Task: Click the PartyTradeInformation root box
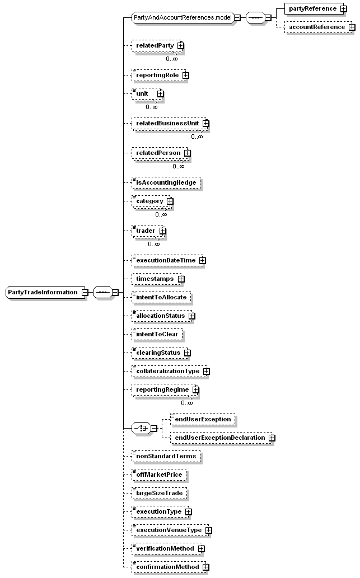(x=43, y=292)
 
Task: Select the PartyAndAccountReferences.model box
(x=182, y=17)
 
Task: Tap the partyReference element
(x=312, y=8)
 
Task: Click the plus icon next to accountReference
(x=352, y=27)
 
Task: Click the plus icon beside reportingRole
(x=185, y=75)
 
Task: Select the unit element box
(x=144, y=93)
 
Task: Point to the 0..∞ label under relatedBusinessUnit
(x=197, y=137)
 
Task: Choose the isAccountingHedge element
(x=166, y=182)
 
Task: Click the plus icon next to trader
(x=163, y=231)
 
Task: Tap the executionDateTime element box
(x=165, y=261)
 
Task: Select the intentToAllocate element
(x=162, y=297)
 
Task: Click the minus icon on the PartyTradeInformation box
(x=84, y=292)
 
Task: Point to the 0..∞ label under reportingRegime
(x=186, y=403)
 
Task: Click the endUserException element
(x=203, y=419)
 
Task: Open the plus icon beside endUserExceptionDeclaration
(x=272, y=438)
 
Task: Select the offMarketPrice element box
(x=159, y=475)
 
